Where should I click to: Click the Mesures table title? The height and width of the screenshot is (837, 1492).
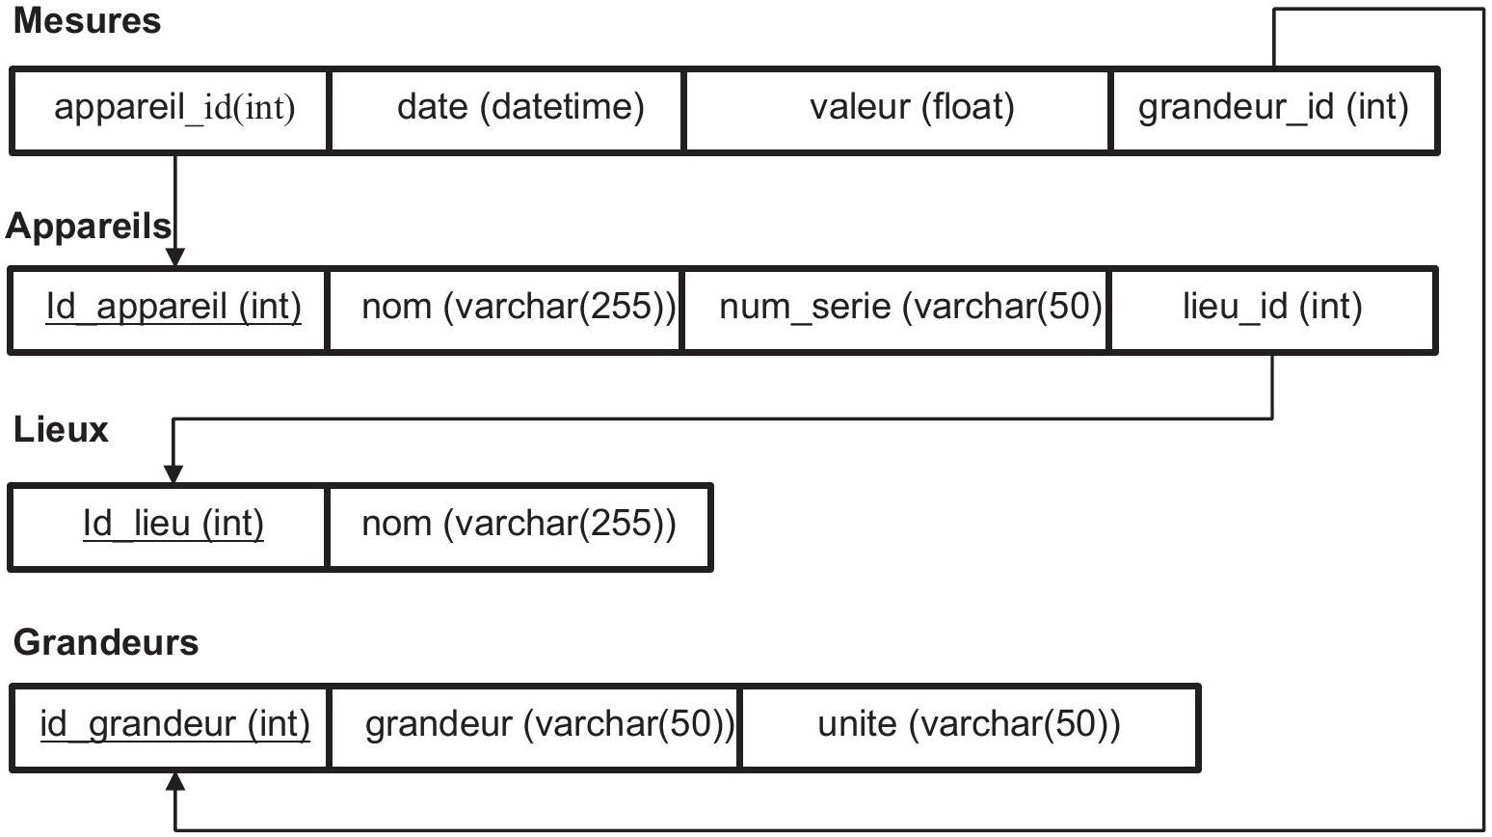(88, 20)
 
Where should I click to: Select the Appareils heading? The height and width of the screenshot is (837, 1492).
(89, 227)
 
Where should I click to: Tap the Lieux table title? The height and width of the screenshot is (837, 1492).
(61, 429)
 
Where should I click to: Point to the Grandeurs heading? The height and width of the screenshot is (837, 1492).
(106, 642)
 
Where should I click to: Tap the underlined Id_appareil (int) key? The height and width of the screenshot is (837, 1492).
(173, 308)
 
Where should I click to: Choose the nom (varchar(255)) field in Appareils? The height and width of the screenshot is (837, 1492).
(519, 308)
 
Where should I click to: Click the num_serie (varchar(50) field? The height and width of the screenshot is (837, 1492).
(911, 308)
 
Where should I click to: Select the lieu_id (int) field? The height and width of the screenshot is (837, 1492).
(1272, 308)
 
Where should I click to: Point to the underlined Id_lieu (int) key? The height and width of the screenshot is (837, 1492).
(173, 524)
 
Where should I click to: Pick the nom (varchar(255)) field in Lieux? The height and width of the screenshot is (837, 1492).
(519, 524)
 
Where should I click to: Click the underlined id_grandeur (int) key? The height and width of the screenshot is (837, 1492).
(174, 724)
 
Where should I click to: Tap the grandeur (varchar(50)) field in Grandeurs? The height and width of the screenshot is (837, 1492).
(549, 724)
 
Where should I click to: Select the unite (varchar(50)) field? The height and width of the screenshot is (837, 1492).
(970, 724)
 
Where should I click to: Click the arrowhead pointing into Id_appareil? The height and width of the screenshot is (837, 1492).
(174, 257)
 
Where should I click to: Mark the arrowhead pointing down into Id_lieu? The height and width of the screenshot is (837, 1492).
(173, 474)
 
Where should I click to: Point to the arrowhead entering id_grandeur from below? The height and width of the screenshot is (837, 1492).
(175, 782)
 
